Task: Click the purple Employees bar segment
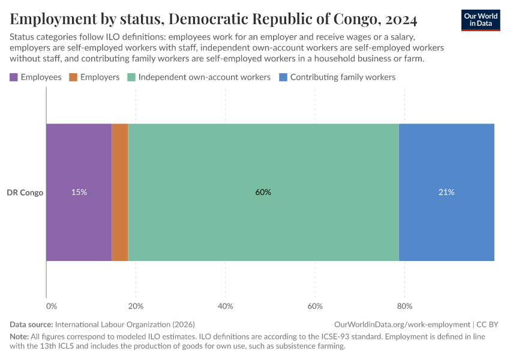pyautogui.click(x=79, y=162)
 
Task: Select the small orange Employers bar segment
pyautogui.click(x=120, y=192)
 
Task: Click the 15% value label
pyautogui.click(x=79, y=193)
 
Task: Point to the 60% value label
pyautogui.click(x=263, y=193)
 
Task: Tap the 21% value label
pyautogui.click(x=446, y=193)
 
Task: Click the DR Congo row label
pyautogui.click(x=25, y=193)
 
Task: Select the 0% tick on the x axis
pyautogui.click(x=52, y=306)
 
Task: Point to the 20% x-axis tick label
pyautogui.click(x=136, y=306)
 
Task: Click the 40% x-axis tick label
pyautogui.click(x=226, y=306)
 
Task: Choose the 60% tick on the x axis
pyautogui.click(x=315, y=306)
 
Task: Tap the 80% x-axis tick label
pyautogui.click(x=404, y=306)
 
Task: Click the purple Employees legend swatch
pyautogui.click(x=14, y=77)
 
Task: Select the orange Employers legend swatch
pyautogui.click(x=73, y=77)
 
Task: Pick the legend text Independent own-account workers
pyautogui.click(x=204, y=77)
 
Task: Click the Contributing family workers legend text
pyautogui.click(x=343, y=77)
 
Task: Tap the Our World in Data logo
pyautogui.click(x=480, y=20)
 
